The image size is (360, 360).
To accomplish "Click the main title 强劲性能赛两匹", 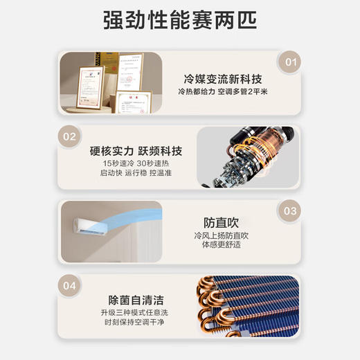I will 180,20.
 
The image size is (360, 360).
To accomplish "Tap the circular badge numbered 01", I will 290,62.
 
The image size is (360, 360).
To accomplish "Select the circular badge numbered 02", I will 69,136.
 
